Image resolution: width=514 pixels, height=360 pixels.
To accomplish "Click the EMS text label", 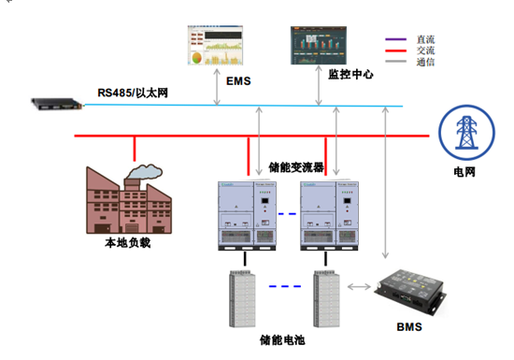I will coord(239,80).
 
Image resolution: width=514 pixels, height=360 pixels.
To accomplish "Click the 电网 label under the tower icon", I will coord(464,172).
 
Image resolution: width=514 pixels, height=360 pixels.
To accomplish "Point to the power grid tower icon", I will coord(464,134).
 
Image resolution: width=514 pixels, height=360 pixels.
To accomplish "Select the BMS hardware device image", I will coord(411,288).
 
